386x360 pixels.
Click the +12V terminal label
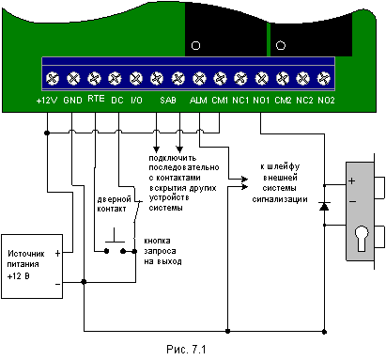click(47, 101)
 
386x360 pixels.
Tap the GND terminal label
click(72, 101)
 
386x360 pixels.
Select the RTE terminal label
click(96, 99)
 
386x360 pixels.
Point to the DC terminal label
click(117, 101)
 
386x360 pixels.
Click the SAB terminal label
click(168, 101)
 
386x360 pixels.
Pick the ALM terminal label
click(198, 101)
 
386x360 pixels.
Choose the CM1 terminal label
click(220, 101)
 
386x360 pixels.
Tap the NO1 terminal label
click(261, 101)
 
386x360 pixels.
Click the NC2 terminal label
click(304, 101)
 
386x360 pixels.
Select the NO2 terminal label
click(326, 101)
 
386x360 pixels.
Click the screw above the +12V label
click(53, 78)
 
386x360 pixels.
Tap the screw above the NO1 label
click(261, 78)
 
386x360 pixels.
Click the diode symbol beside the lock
click(324, 206)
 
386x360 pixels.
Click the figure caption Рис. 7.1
click(186, 349)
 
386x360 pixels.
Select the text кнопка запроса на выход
click(162, 251)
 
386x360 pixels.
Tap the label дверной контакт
click(114, 204)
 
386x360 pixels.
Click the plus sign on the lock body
click(352, 181)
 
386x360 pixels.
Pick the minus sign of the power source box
click(57, 284)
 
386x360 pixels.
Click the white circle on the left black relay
click(195, 46)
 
